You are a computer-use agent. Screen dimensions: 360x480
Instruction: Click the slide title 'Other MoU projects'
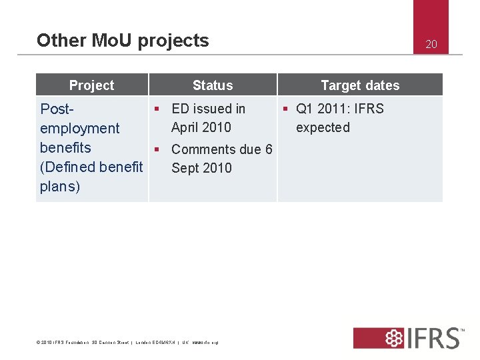123,41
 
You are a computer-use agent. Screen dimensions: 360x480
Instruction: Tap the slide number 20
431,45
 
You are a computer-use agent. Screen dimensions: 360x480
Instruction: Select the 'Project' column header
91,85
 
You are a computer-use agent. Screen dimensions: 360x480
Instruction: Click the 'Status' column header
213,85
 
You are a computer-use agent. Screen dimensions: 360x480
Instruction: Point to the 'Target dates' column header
360,85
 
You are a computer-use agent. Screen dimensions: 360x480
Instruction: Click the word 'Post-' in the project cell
57,109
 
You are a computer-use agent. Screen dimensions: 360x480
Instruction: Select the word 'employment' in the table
79,128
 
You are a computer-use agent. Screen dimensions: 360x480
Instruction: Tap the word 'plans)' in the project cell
60,186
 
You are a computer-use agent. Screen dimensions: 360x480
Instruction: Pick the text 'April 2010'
201,127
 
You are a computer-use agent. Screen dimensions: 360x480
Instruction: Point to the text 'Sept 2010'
201,168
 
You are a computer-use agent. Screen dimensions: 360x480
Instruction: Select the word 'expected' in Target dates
323,127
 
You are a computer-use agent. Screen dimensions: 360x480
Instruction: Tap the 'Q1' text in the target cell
305,109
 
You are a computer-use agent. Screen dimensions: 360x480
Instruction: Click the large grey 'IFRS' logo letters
431,338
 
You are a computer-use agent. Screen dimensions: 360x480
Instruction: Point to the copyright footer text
127,343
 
